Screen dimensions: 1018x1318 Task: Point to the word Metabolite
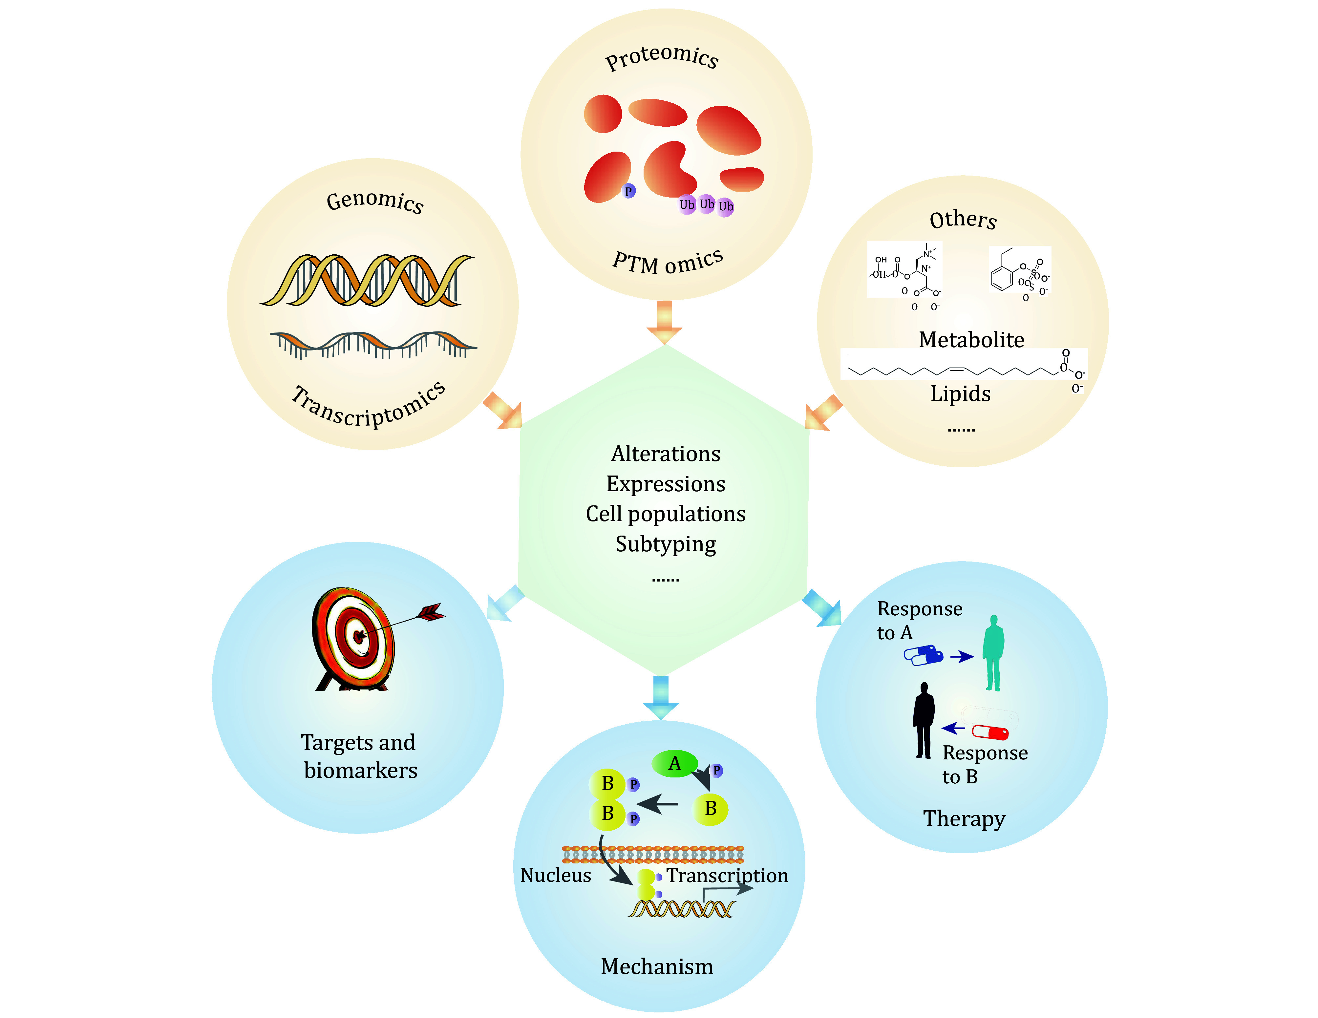click(971, 340)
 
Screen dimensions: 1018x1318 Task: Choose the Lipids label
click(960, 393)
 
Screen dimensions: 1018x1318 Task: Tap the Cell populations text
click(666, 514)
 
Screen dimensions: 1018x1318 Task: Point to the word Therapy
click(964, 819)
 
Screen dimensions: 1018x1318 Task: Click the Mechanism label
click(657, 967)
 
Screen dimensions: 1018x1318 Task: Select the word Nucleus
click(555, 875)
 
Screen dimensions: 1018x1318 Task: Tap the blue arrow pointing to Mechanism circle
click(661, 697)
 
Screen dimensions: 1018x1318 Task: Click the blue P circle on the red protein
click(628, 191)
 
